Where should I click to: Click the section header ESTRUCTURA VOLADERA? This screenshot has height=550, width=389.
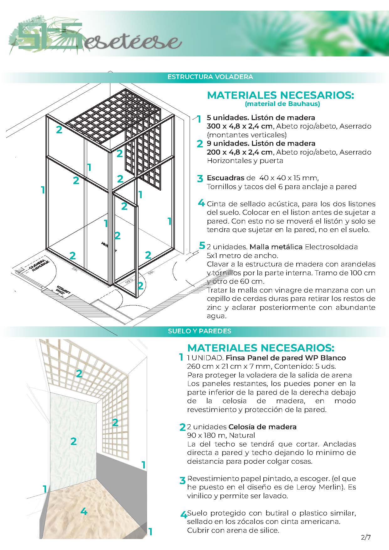coord(210,77)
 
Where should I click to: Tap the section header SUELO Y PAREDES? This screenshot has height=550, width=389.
coord(199,331)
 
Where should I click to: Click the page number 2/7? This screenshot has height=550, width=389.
coord(366,537)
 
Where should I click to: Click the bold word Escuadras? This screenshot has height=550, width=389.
coord(225,178)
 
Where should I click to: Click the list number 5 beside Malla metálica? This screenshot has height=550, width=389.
coord(202,246)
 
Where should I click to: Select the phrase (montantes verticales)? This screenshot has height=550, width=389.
coord(247,135)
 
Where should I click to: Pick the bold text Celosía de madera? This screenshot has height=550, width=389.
coord(262,427)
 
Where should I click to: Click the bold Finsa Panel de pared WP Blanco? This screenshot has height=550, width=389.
coord(286,358)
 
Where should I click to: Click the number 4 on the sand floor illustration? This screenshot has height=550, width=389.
coord(84,511)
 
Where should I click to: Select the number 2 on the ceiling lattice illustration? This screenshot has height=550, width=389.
coord(79,373)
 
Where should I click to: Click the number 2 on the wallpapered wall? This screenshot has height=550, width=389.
coord(73,441)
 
